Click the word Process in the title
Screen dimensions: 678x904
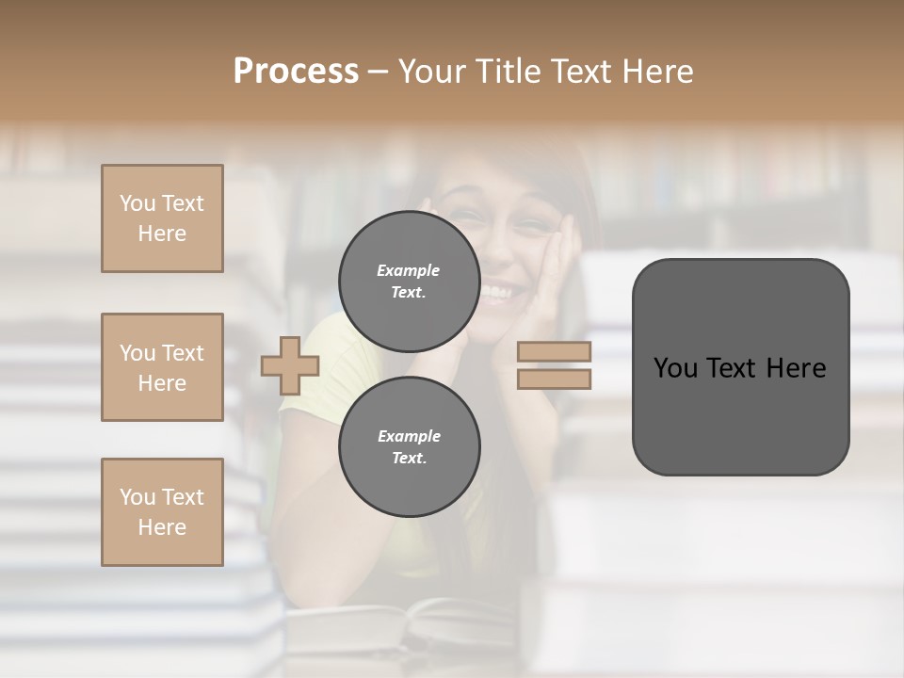point(296,72)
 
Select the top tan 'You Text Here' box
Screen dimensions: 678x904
point(162,218)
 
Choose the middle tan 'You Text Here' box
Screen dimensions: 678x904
point(162,367)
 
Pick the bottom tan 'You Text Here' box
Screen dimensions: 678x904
point(162,512)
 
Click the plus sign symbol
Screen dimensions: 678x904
point(289,365)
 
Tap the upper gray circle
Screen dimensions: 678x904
point(410,281)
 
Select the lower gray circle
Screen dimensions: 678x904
point(410,446)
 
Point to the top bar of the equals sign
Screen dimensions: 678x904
point(554,352)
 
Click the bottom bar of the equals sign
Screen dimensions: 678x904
point(554,379)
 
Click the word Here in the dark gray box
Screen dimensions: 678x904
point(795,368)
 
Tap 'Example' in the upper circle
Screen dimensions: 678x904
point(408,270)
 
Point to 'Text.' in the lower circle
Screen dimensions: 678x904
point(410,459)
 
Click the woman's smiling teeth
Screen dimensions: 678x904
point(496,293)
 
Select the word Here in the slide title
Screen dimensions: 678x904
point(659,72)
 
